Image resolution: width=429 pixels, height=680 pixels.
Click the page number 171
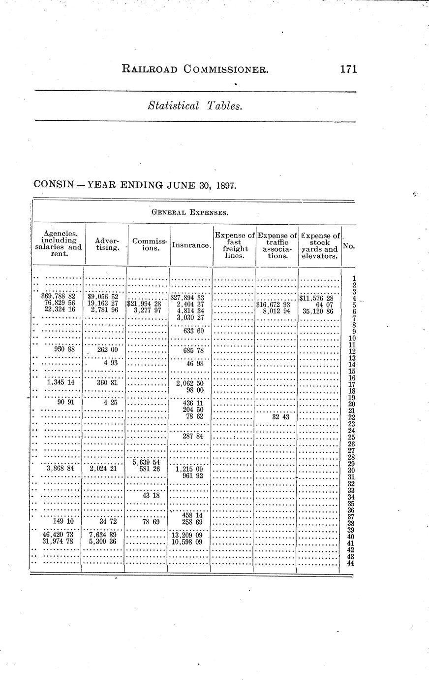[348, 69]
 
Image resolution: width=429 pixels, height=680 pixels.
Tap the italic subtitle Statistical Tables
[195, 106]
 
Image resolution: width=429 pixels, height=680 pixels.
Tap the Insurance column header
[192, 245]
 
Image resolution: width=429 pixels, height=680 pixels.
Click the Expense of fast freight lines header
[235, 245]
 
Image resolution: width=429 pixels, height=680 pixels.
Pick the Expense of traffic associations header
[277, 245]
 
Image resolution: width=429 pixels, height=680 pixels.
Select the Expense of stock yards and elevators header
[320, 245]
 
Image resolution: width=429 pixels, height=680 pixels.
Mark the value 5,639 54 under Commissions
[146, 462]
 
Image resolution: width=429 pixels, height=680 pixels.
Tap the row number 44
[351, 563]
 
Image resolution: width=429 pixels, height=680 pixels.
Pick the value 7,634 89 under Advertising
[102, 536]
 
